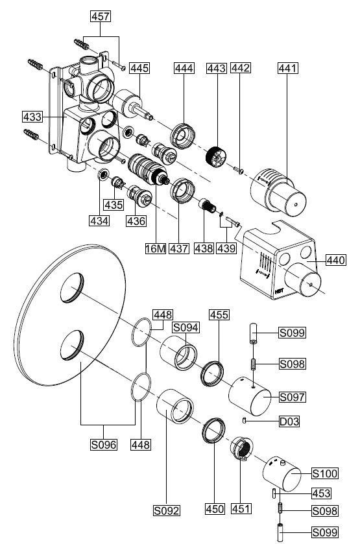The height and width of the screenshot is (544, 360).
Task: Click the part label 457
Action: point(101,16)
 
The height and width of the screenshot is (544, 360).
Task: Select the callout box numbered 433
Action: point(32,117)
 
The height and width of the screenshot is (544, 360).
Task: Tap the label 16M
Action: point(156,248)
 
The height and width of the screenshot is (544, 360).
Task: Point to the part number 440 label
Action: point(336,260)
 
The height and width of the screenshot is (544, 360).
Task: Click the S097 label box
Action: point(293,397)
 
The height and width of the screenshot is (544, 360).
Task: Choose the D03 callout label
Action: point(289,421)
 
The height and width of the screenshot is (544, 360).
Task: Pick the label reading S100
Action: point(324,473)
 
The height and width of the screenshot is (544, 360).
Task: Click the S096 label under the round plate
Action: point(103,444)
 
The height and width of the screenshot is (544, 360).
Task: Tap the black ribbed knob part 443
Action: point(215,156)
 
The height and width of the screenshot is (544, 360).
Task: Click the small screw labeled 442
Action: point(238,170)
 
